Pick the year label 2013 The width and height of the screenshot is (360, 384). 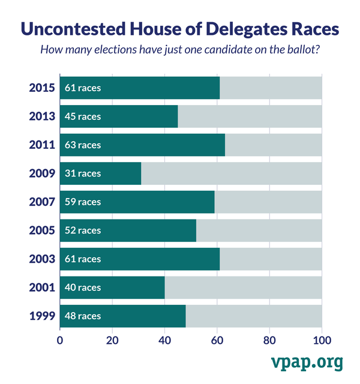(42, 116)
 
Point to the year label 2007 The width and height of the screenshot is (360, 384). (42, 202)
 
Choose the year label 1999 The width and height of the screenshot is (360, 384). (42, 316)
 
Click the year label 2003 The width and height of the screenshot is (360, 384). (42, 259)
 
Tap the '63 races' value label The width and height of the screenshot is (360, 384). (83, 145)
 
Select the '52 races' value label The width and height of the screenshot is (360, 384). (83, 230)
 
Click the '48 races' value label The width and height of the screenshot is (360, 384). (83, 316)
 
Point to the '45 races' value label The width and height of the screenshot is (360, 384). (83, 116)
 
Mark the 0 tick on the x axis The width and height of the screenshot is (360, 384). (60, 340)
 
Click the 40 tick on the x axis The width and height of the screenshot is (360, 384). (165, 340)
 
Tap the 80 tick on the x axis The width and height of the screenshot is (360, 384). (269, 340)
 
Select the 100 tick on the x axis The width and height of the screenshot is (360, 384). (322, 340)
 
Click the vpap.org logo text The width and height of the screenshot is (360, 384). (306, 362)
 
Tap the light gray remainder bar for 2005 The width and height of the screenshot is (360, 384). (259, 230)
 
